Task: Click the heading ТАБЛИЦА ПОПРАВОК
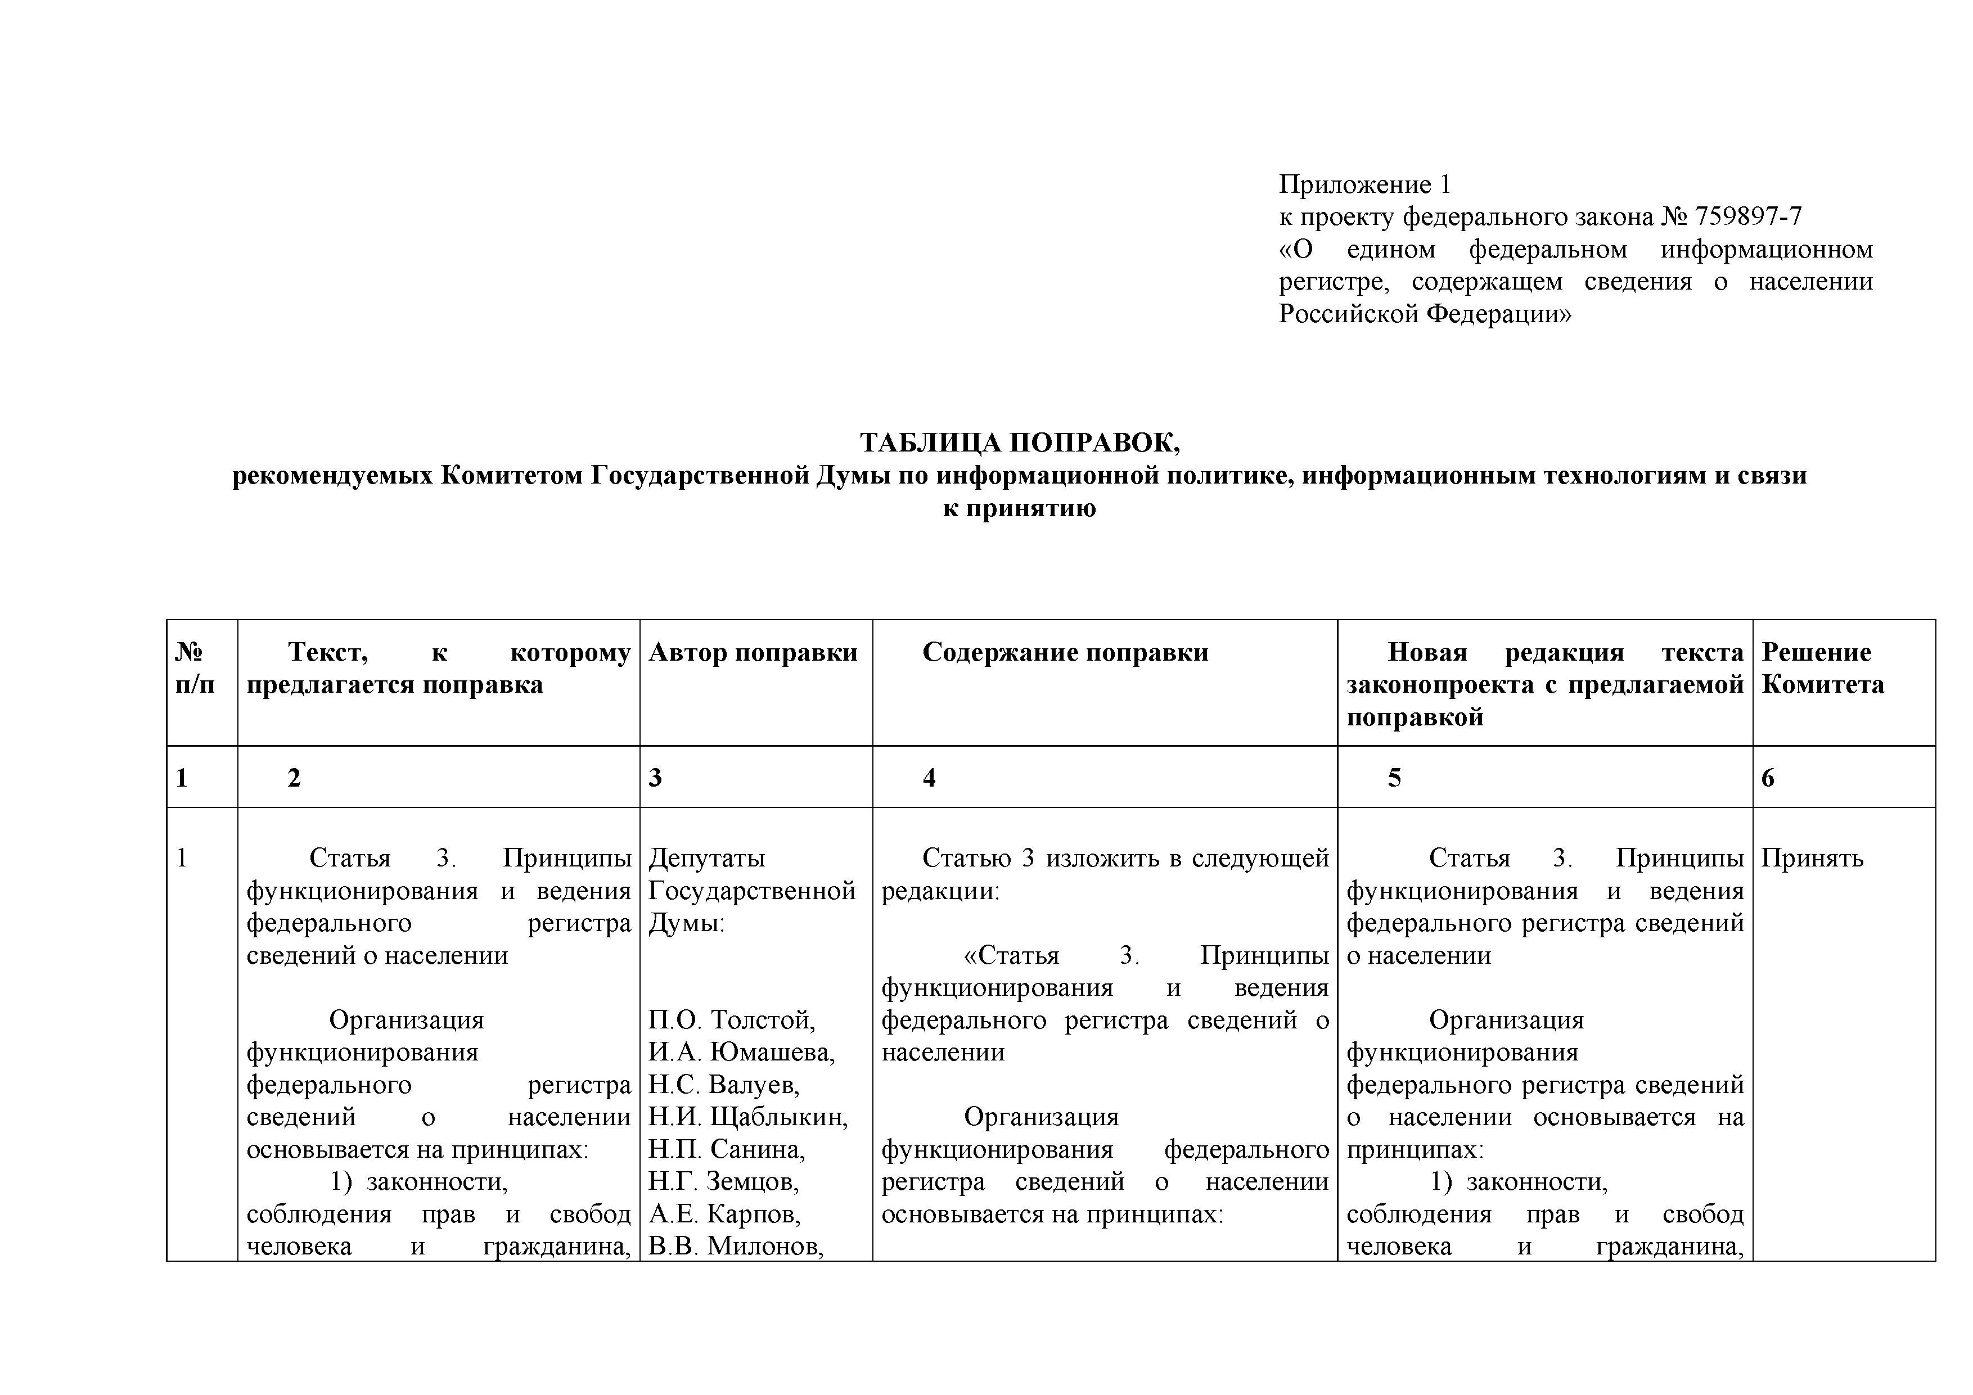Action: click(1020, 443)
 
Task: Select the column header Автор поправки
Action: click(753, 653)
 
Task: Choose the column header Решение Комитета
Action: click(1823, 669)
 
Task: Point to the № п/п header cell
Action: click(195, 669)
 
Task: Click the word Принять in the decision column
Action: click(1812, 858)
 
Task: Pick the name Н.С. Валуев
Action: click(723, 1085)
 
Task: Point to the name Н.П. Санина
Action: click(726, 1149)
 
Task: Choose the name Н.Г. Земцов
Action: click(723, 1182)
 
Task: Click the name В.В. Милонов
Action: click(736, 1247)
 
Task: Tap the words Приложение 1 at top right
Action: click(1364, 184)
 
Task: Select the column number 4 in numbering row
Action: click(929, 778)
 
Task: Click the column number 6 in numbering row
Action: click(1768, 778)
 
